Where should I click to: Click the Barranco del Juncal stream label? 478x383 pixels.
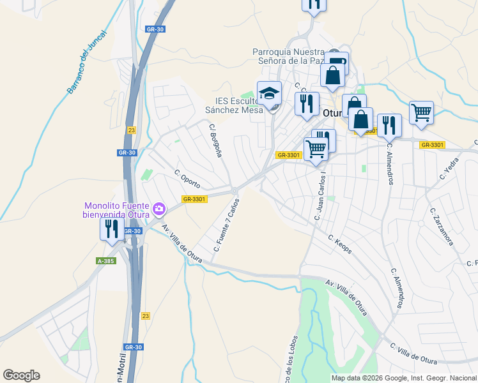tap(88, 62)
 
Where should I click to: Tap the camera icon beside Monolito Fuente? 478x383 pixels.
tap(159, 208)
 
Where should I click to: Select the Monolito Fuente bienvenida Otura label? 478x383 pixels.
tap(116, 210)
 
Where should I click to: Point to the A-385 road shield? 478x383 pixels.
tap(106, 261)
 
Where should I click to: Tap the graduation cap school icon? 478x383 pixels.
tap(270, 93)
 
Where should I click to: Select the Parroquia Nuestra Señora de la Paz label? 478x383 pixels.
tap(288, 56)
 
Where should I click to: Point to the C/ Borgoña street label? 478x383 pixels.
tap(215, 140)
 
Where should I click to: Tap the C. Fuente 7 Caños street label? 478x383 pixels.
tap(226, 225)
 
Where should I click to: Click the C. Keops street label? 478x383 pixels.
tap(340, 244)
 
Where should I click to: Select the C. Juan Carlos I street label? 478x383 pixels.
tap(320, 195)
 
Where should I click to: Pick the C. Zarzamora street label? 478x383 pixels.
tap(442, 227)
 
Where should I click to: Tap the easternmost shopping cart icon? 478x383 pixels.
tap(421, 112)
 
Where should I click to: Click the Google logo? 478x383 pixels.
tap(21, 375)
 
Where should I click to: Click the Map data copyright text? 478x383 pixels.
tap(404, 378)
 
